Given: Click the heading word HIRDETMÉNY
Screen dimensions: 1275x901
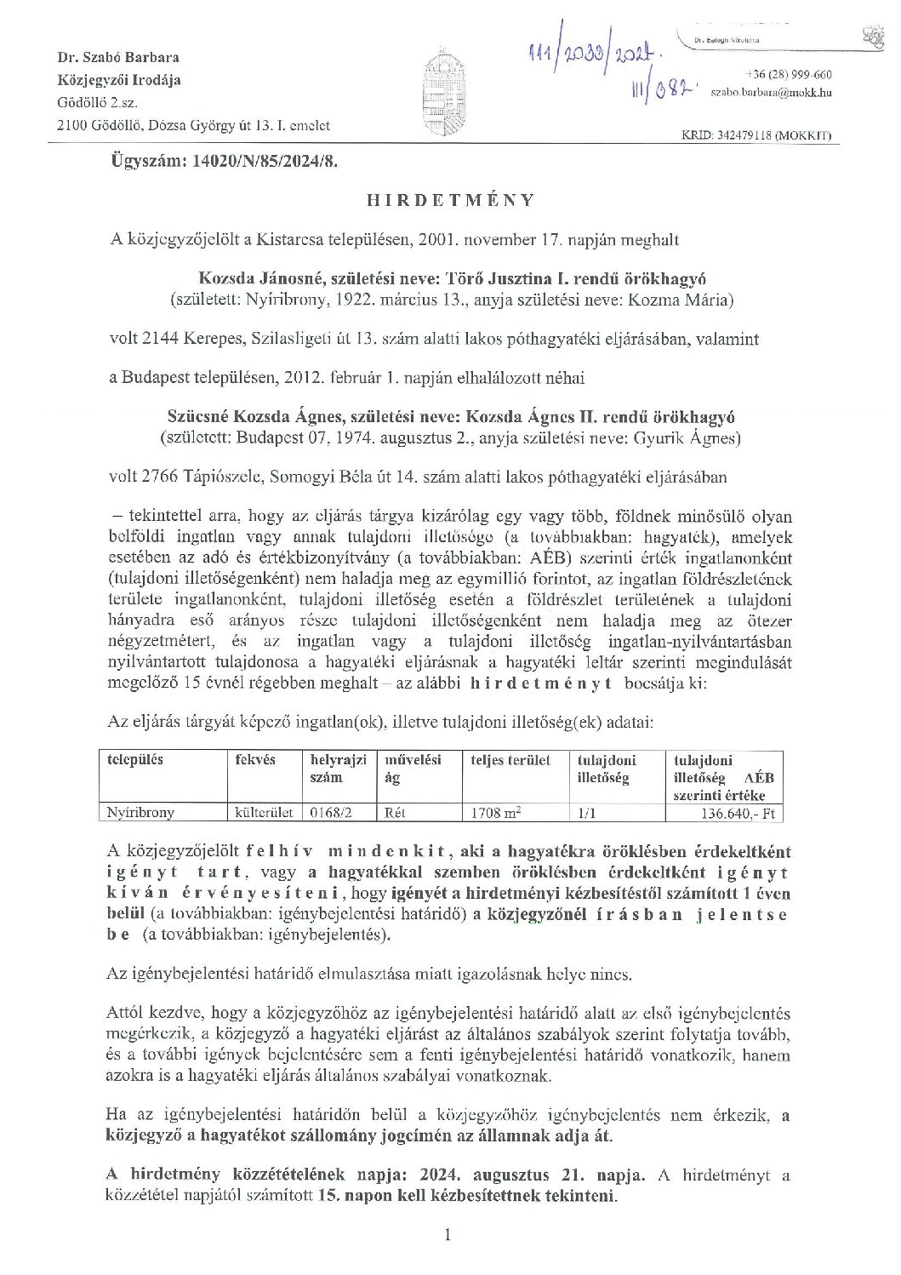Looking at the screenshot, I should click(450, 200).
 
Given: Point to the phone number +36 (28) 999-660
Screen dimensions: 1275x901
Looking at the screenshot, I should click(788, 74).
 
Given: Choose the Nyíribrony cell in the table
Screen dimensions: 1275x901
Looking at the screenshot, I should click(140, 812).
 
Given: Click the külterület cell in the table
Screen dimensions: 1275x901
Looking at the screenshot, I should click(264, 812).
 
